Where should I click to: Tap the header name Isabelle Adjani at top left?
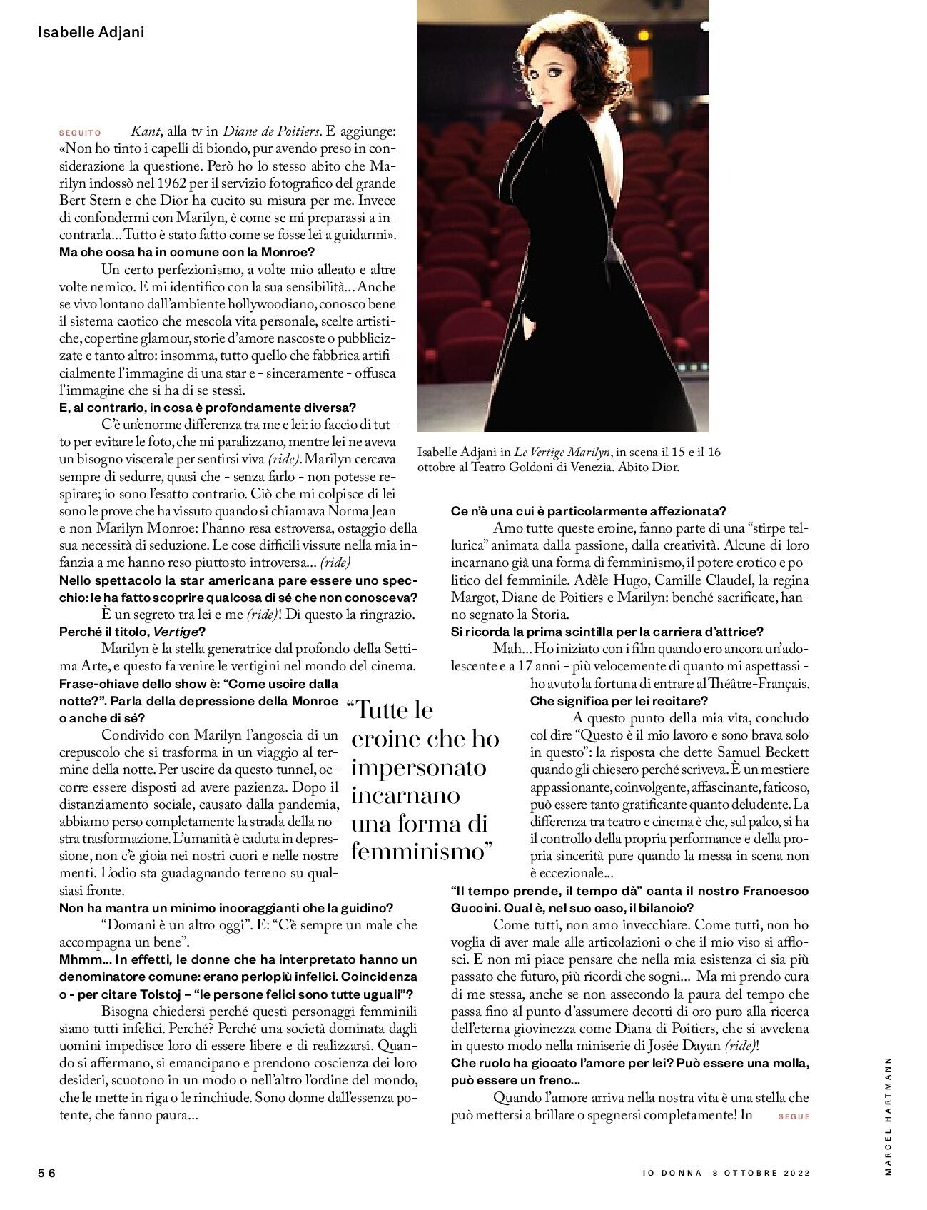click(x=91, y=32)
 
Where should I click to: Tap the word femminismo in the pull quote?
click(x=423, y=852)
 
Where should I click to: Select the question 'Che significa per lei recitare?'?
click(x=619, y=700)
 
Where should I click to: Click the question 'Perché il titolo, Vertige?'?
click(x=132, y=631)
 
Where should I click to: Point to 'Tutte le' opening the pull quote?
click(x=392, y=710)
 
